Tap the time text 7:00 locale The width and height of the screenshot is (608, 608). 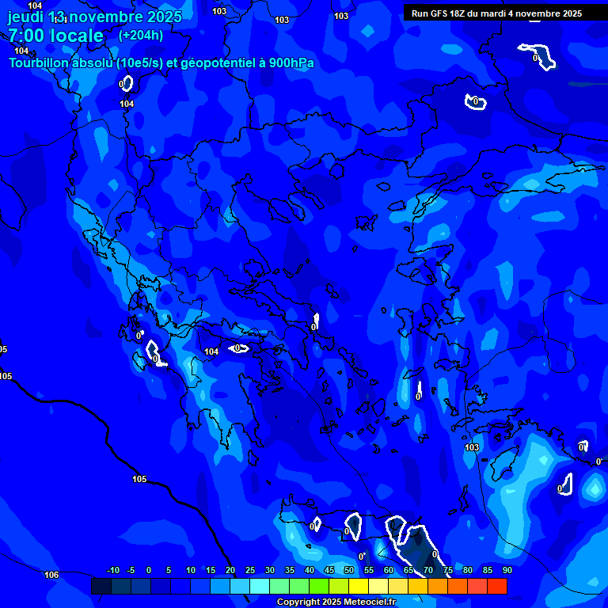coord(56,36)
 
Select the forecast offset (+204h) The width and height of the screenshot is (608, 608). coord(141,35)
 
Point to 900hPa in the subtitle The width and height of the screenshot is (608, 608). coord(290,63)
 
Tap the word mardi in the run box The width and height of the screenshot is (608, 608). coord(496,13)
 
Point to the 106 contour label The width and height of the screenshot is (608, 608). coord(51,575)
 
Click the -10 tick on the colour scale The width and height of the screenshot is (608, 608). coord(112,570)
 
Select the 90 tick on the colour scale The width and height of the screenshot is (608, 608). coord(507,570)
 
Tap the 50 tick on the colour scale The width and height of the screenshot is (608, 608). coord(348,570)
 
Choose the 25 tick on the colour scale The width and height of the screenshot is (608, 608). coord(249,570)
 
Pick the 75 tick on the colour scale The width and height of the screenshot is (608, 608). coord(447,570)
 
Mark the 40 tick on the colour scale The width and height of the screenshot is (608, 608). coord(309,570)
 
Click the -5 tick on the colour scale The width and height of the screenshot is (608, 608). coord(131,570)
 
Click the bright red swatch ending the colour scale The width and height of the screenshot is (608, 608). coord(496,586)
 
